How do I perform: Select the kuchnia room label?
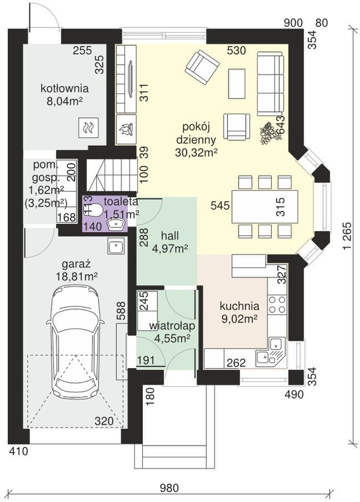pos(239,306)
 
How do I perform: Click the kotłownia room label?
pos(64,88)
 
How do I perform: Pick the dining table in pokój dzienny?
pos(264,207)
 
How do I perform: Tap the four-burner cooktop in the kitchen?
pos(277,304)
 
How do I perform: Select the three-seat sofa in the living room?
pos(271,83)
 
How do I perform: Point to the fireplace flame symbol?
pos(126,130)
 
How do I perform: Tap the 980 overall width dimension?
pos(169,488)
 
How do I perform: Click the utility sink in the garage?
pos(116,247)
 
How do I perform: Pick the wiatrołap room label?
pos(172,326)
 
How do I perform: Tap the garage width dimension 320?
pos(104,421)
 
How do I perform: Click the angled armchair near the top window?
pos(202,67)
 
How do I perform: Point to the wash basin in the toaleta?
pos(115,224)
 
